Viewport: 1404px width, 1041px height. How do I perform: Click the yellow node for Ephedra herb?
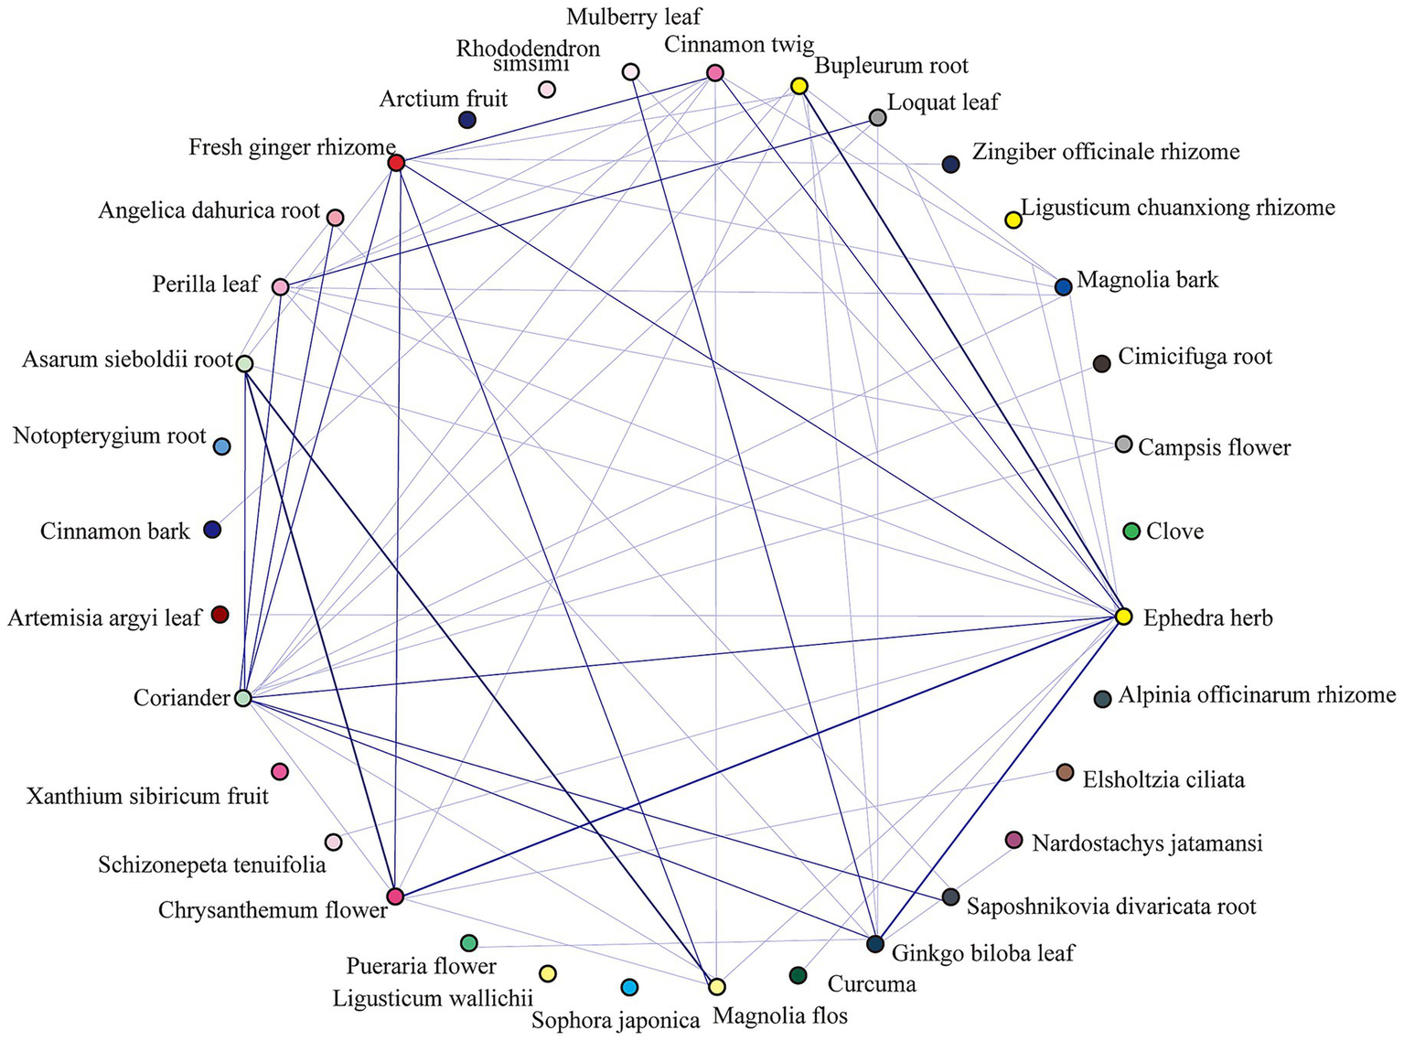(1124, 617)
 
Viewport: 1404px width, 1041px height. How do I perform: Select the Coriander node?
(242, 698)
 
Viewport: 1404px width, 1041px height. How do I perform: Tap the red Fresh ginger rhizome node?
(396, 163)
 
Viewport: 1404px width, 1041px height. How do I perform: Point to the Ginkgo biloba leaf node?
(875, 944)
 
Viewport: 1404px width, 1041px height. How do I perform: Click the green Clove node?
(1131, 531)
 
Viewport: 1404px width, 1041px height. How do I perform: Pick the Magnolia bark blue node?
(1063, 287)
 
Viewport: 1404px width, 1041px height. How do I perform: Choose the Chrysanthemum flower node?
(395, 896)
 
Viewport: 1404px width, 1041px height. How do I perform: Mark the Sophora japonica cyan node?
(629, 987)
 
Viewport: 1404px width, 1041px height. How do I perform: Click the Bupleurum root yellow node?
(798, 86)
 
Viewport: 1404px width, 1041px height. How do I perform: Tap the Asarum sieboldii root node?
(244, 363)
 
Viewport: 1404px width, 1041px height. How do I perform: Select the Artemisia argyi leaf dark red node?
(220, 615)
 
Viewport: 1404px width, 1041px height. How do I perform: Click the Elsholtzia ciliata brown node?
(1065, 773)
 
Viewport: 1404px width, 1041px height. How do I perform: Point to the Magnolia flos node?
(717, 986)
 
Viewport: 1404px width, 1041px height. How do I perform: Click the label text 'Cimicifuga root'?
(1195, 357)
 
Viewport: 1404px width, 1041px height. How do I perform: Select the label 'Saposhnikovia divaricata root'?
(1111, 907)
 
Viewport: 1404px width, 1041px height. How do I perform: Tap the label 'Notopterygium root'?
(110, 436)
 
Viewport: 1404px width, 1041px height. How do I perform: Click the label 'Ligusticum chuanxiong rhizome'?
(1178, 208)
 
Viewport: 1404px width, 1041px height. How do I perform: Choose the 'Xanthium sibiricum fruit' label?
(148, 796)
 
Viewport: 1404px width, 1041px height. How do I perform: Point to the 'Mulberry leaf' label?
(634, 16)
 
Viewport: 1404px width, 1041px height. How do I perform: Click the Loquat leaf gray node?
(877, 117)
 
